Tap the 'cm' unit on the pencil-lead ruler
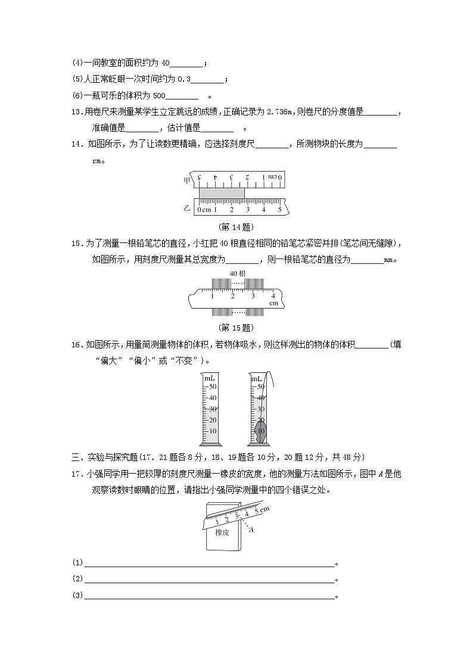click(x=273, y=303)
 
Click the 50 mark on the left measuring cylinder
click(x=213, y=387)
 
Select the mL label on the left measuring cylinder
click(x=209, y=378)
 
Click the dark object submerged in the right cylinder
click(x=260, y=430)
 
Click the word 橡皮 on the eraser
click(x=222, y=532)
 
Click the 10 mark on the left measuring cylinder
click(x=213, y=431)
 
